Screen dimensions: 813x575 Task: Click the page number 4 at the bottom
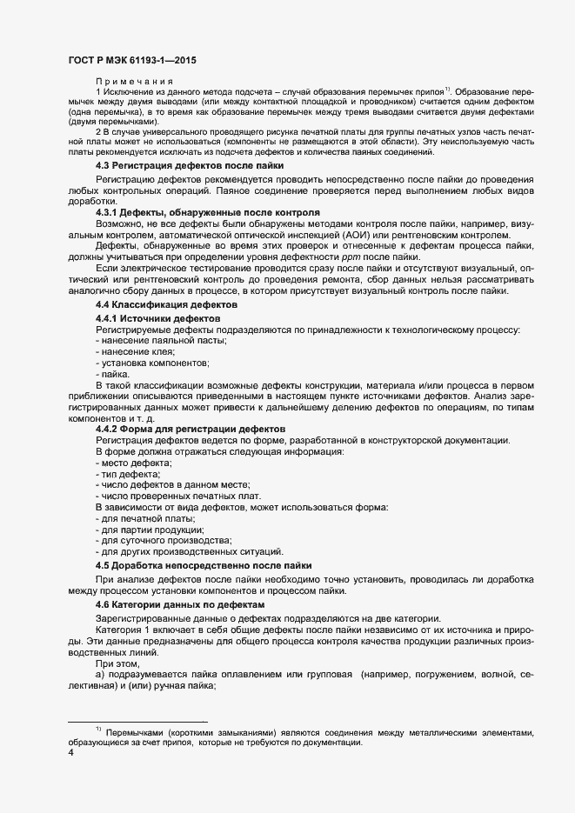pos(71,753)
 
